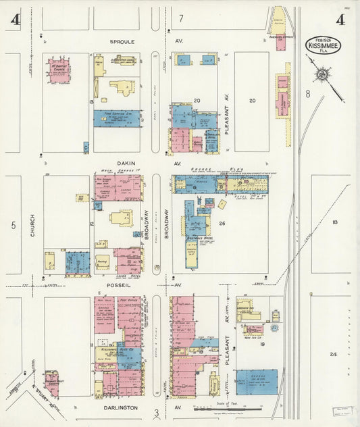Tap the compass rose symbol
[323, 73]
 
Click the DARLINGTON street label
[122, 408]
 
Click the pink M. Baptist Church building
[59, 70]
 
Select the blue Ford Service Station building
[117, 118]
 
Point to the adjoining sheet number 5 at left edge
[13, 226]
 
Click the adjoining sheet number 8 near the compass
[307, 95]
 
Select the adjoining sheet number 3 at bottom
[156, 413]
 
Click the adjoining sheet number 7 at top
[181, 18]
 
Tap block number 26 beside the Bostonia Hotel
[222, 222]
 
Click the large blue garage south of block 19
[256, 382]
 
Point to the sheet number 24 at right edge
[333, 354]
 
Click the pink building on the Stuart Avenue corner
[51, 383]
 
